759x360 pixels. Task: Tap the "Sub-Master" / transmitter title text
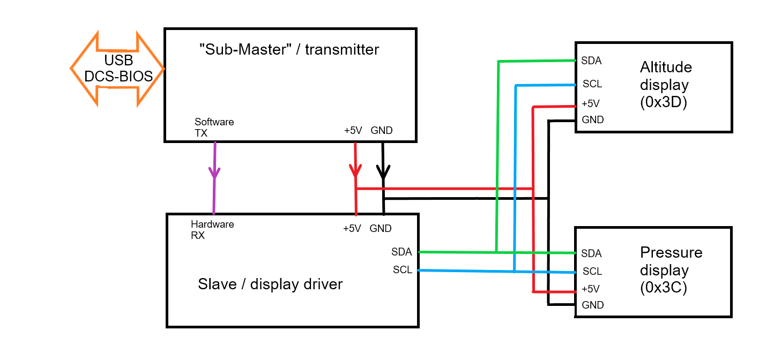[x=289, y=49]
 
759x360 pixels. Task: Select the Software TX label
[x=214, y=127]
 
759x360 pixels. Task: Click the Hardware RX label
[x=212, y=230]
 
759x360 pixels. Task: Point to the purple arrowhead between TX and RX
[x=214, y=172]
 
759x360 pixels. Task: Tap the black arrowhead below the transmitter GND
[x=383, y=171]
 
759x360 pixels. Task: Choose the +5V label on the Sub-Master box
[x=353, y=130]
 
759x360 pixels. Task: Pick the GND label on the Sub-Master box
[x=382, y=130]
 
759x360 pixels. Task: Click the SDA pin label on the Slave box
[x=401, y=252]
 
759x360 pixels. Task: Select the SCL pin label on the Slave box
[x=403, y=269]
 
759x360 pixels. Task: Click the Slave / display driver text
[x=270, y=284]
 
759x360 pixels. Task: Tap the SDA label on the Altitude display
[x=591, y=61]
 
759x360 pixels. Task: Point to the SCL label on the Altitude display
[x=592, y=84]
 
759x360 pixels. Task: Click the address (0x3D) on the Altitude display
[x=664, y=102]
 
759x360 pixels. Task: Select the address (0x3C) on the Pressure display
[x=664, y=287]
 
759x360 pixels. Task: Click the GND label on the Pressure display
[x=593, y=305]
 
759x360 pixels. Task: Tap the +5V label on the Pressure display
[x=591, y=289]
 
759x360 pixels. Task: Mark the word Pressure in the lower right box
[x=671, y=252]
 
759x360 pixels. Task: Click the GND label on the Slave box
[x=381, y=228]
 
